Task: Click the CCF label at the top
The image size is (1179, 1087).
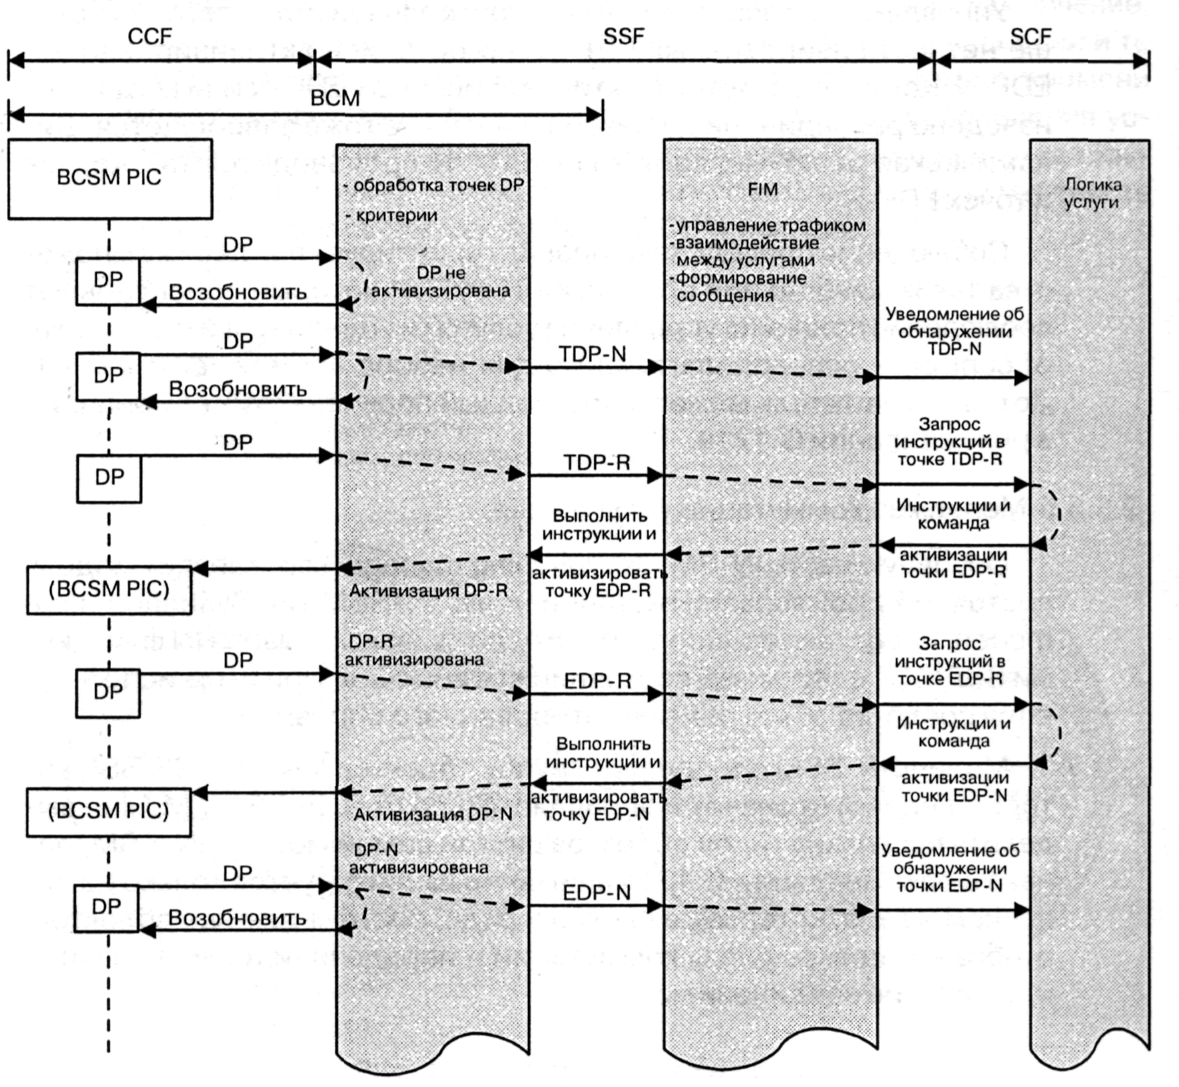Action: pos(150,37)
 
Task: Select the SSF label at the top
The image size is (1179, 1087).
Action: pos(623,37)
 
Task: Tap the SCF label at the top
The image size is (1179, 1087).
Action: pos(1030,37)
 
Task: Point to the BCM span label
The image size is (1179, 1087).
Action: pos(335,98)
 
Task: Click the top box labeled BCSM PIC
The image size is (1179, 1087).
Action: pos(110,178)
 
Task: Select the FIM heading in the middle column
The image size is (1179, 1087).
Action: pos(762,190)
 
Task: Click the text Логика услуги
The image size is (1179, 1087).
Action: pos(1092,194)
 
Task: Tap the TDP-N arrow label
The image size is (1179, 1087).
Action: pos(592,354)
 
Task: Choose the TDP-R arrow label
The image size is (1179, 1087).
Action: pos(597,463)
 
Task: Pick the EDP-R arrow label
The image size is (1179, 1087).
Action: pos(597,681)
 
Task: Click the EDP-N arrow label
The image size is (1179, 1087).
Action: pos(597,893)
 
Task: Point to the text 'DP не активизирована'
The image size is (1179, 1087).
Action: pos(441,282)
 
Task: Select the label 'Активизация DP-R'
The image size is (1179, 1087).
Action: pos(428,591)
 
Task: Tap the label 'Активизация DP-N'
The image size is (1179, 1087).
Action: pos(433,814)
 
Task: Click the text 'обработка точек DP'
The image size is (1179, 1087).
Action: pos(438,186)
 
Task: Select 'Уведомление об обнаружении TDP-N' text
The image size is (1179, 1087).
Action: pos(954,331)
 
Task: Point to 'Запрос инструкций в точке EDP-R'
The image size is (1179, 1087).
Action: pos(950,661)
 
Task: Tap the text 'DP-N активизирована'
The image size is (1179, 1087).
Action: pos(418,859)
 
